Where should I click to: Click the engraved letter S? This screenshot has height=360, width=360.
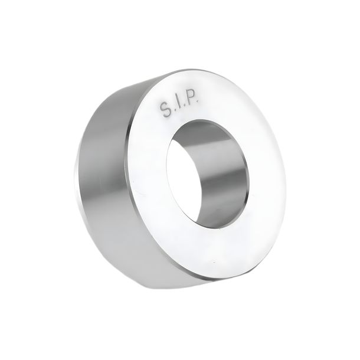click(x=165, y=110)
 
